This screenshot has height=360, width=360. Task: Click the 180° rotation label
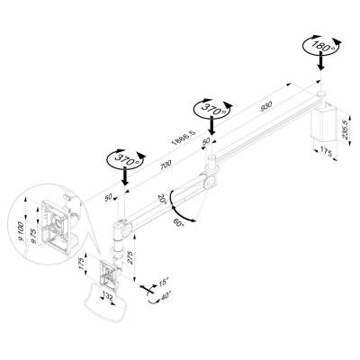[x=320, y=47]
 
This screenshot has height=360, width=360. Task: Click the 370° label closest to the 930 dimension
[x=212, y=111]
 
